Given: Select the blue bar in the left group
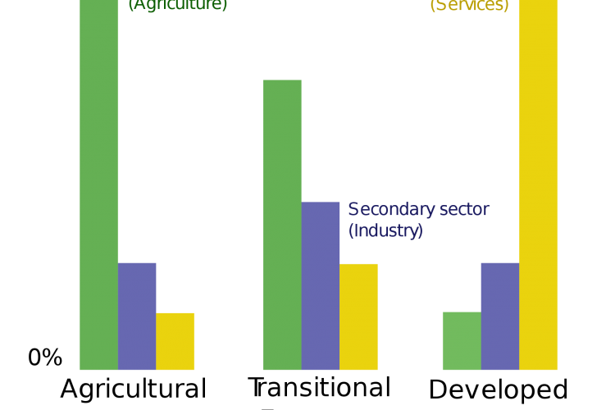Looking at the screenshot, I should tap(137, 317).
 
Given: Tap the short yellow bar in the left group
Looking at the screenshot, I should tap(175, 341).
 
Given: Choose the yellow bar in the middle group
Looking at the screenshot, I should tap(358, 317).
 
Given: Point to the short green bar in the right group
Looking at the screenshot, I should tap(461, 341).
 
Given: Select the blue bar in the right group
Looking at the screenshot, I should tap(499, 317).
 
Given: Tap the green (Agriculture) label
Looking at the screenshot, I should tap(178, 5).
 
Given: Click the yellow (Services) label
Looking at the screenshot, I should tap(469, 5).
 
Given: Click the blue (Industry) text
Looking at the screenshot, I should tap(385, 231).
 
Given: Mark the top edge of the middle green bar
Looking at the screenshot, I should tap(282, 80).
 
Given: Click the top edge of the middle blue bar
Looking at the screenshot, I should tap(321, 203).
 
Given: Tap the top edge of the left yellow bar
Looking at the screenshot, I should tap(175, 313).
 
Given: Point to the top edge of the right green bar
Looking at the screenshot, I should tap(461, 312).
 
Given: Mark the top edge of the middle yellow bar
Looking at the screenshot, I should tap(358, 264).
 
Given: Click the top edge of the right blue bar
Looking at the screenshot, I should tap(499, 263).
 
